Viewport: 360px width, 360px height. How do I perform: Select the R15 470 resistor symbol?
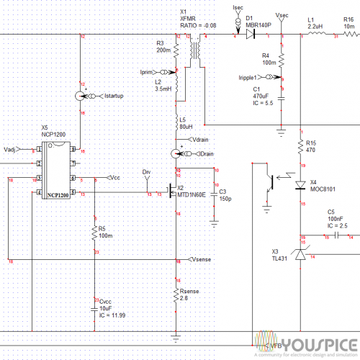point(300,148)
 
